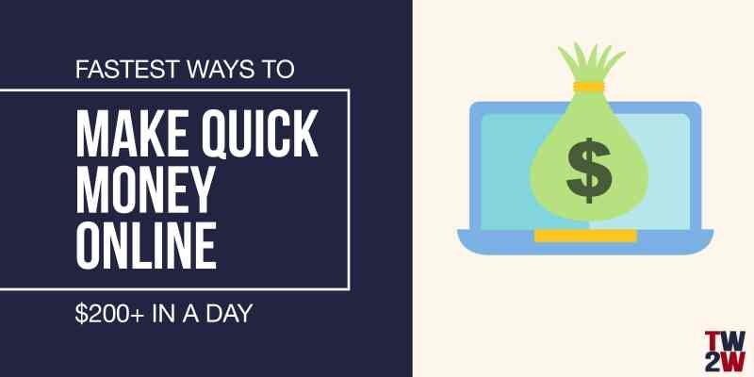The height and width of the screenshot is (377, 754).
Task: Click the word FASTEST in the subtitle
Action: pyautogui.click(x=121, y=70)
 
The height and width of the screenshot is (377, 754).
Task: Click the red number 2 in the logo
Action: pyautogui.click(x=714, y=362)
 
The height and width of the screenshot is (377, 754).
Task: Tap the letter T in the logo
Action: pyautogui.click(x=713, y=340)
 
